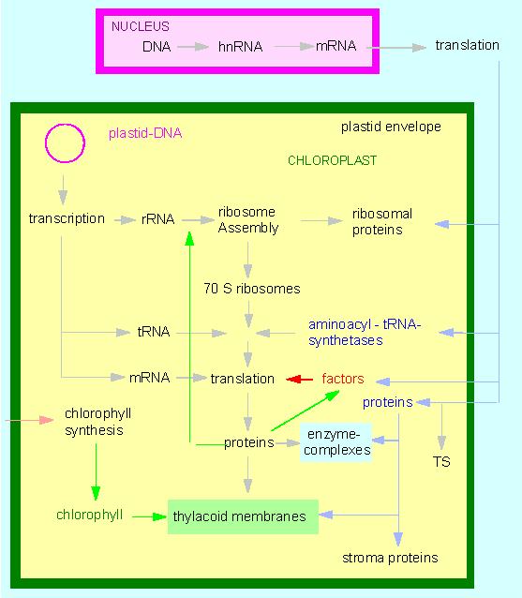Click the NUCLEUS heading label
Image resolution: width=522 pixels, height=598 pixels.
[x=140, y=26]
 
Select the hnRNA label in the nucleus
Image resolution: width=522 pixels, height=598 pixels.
[x=240, y=47]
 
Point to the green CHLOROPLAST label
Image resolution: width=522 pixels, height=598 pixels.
[x=332, y=160]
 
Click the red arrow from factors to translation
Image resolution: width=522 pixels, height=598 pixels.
[x=299, y=379]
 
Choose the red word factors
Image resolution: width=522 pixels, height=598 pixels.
[x=343, y=379]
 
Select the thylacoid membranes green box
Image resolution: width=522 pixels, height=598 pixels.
[x=243, y=516]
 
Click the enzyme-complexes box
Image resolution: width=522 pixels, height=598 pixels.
[x=336, y=442]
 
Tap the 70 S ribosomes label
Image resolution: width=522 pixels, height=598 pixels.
[x=252, y=289]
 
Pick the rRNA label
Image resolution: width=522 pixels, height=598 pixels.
[x=157, y=219]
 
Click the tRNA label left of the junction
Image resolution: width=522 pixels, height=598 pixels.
[x=154, y=332]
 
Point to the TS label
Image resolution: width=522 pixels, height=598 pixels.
[x=441, y=461]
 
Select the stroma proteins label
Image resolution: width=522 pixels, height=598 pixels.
[x=390, y=558]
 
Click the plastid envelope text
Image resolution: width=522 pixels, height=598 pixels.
[x=391, y=127]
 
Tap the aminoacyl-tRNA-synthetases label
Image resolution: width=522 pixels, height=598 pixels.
[x=365, y=332]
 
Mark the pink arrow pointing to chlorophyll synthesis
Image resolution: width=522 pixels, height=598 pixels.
[x=29, y=420]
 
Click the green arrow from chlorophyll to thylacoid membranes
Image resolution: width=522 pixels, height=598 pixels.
[x=149, y=516]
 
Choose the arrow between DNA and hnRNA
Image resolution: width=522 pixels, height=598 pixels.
[x=193, y=47]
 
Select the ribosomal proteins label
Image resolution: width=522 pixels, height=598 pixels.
[x=382, y=221]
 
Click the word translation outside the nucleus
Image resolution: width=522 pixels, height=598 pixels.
[x=467, y=45]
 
